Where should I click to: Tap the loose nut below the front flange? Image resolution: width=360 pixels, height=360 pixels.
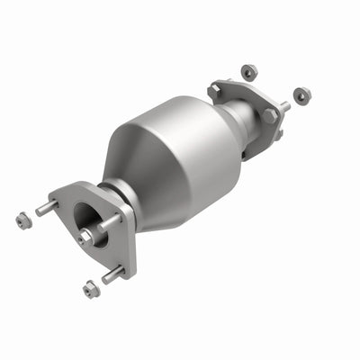[91, 289]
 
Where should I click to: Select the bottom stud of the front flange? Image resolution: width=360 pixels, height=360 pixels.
[113, 274]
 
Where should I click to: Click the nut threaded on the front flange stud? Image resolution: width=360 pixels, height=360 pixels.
[86, 236]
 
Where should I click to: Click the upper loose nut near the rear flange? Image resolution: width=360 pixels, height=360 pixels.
[247, 69]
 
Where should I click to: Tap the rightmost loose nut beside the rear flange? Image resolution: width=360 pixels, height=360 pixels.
[301, 94]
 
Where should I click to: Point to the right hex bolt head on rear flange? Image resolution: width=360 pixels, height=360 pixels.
[268, 116]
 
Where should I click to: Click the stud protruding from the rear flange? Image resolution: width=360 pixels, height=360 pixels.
[284, 106]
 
